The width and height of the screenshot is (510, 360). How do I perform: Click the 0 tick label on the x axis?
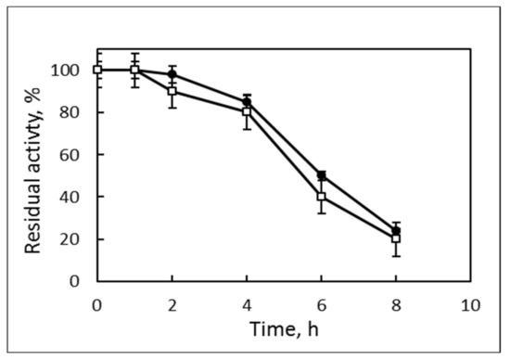(x=97, y=303)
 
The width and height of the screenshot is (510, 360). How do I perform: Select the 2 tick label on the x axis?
(x=172, y=303)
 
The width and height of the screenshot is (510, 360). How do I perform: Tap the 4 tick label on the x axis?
(x=247, y=303)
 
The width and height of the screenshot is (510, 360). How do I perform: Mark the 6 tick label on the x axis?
(x=321, y=303)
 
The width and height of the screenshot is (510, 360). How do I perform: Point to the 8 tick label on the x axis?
(x=396, y=303)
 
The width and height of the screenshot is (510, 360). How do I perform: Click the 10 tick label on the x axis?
(x=470, y=303)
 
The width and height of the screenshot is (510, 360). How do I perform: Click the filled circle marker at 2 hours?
(x=172, y=74)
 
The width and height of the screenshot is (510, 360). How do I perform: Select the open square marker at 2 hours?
(x=172, y=91)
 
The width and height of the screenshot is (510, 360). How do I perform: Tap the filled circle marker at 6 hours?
(x=321, y=175)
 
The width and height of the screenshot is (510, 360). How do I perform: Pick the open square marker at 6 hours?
(x=321, y=197)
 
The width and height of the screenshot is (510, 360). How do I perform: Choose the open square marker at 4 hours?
(x=247, y=112)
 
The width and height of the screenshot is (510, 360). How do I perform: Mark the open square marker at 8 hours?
(x=396, y=238)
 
